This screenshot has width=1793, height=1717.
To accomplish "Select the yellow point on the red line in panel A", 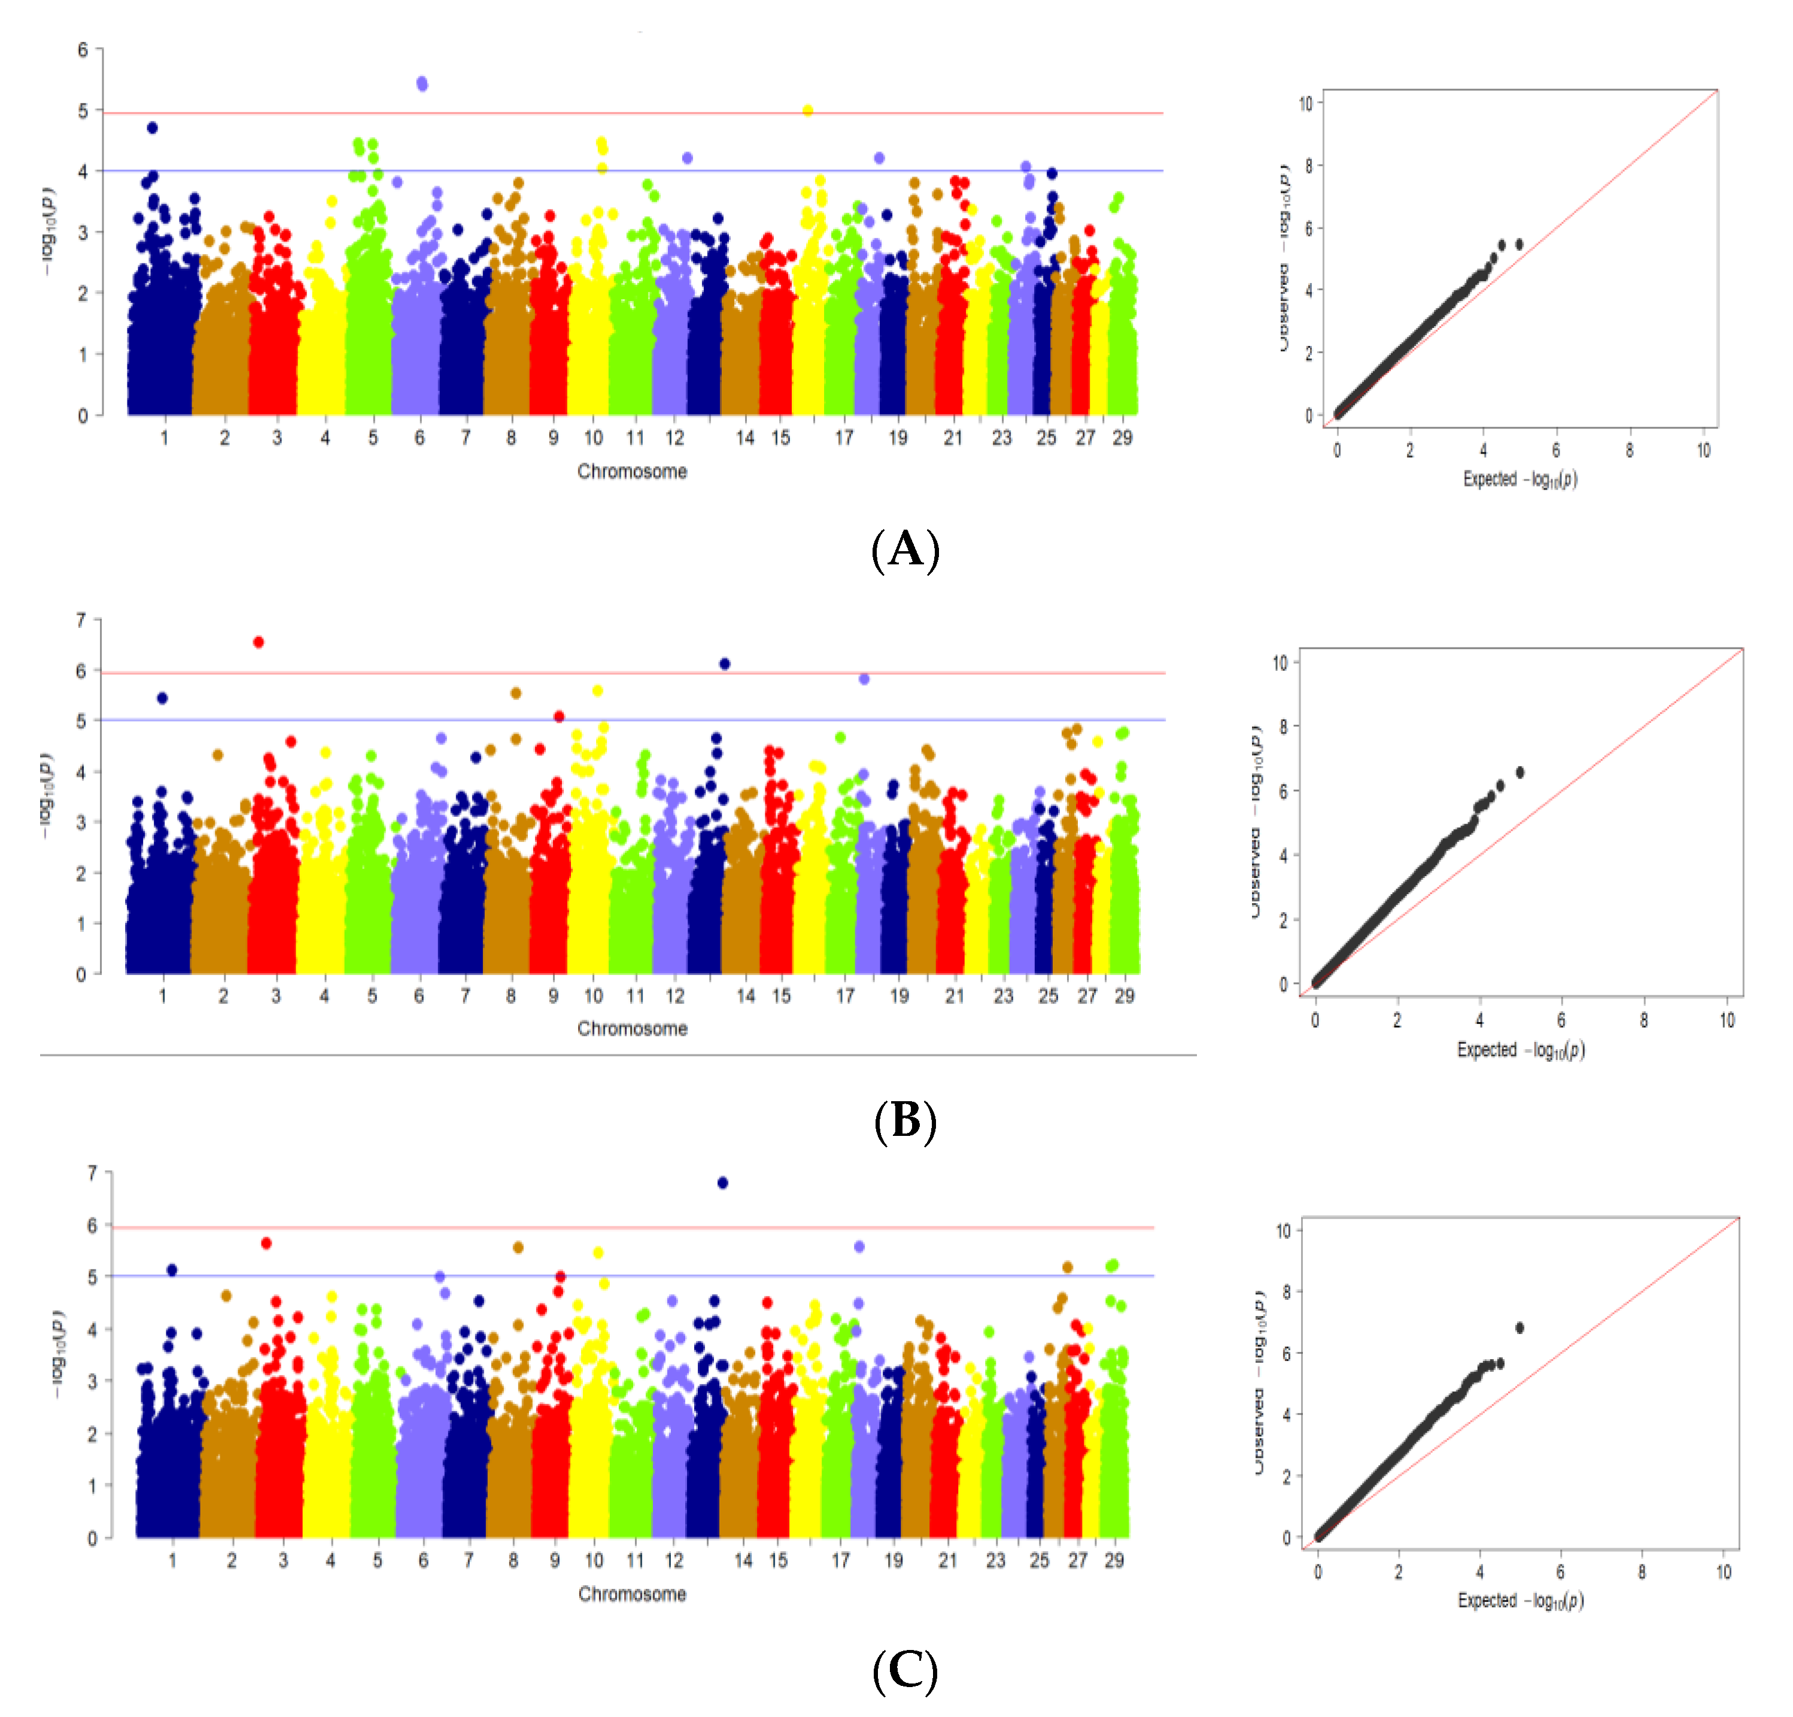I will (x=808, y=111).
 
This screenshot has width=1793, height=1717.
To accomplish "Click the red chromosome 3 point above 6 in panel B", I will (x=259, y=642).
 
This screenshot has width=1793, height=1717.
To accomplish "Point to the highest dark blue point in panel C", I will (x=723, y=1183).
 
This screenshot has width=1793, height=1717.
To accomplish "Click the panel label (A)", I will (x=905, y=550).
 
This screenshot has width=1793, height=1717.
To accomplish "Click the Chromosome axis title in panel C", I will (x=631, y=1594).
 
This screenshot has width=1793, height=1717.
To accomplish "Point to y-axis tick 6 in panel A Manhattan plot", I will (x=83, y=50).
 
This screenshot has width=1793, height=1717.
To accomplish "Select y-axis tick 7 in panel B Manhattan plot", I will (x=81, y=620).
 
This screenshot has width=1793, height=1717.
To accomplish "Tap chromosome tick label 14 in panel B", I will (x=746, y=996).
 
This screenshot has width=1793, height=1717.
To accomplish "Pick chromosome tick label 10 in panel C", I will (x=595, y=1561).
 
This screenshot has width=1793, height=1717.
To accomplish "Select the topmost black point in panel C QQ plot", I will (x=1520, y=1327).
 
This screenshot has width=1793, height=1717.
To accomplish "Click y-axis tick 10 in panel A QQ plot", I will (x=1305, y=104).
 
